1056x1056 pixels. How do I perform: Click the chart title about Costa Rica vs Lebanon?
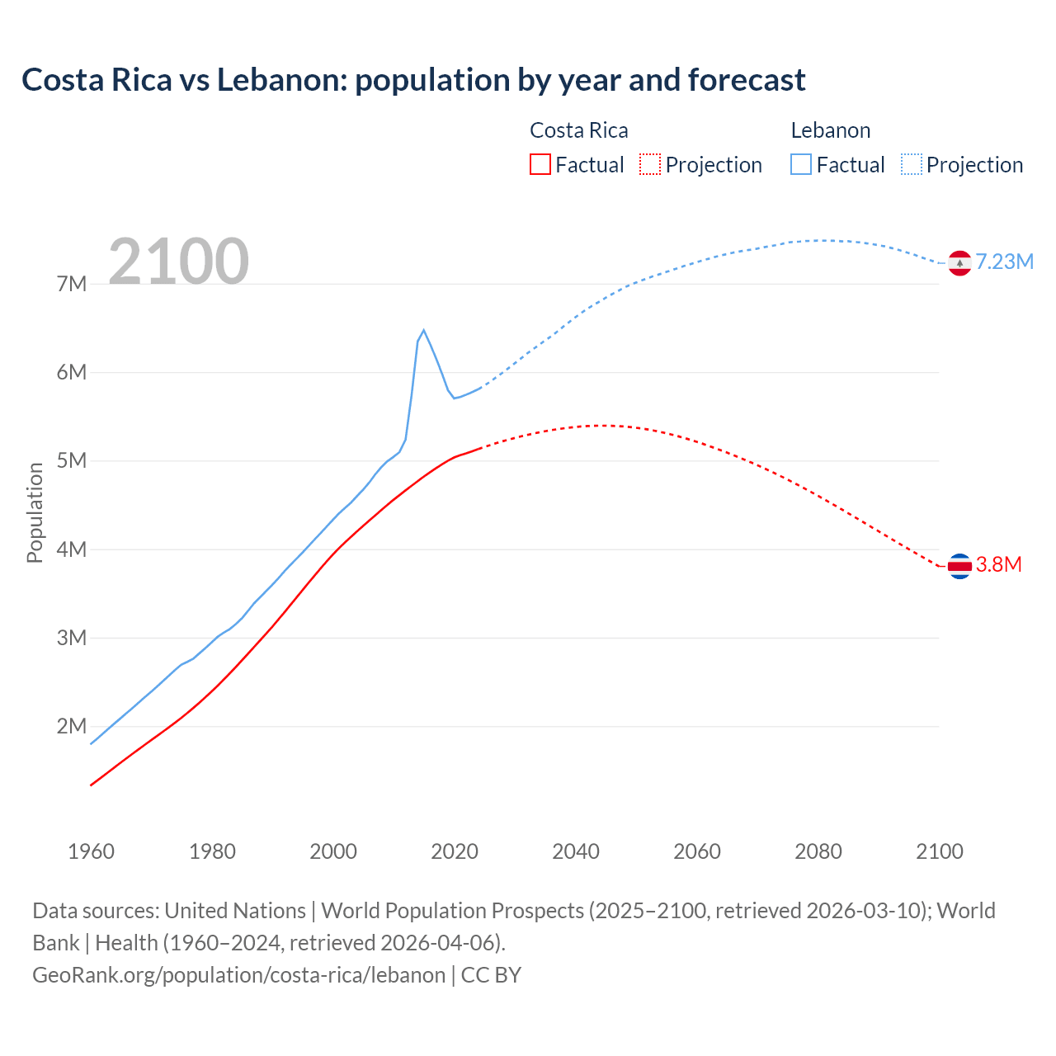point(413,80)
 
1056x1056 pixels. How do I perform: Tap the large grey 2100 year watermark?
point(178,262)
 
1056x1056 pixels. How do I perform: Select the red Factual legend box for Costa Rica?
point(540,164)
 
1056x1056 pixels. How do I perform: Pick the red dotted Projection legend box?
point(650,164)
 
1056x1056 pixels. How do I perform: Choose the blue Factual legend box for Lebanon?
point(801,164)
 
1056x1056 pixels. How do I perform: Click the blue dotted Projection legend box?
point(911,164)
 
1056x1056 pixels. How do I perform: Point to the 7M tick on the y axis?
point(72,285)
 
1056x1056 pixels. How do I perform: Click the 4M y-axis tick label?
point(72,549)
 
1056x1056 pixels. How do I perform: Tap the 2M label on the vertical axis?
point(72,727)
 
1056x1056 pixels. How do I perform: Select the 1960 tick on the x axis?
point(91,851)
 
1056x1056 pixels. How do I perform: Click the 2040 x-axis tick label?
point(576,851)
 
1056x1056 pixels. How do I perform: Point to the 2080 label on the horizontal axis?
point(818,851)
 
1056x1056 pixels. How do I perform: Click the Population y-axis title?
point(35,512)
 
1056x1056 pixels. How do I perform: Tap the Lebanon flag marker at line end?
point(959,263)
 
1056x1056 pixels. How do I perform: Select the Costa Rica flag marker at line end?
point(959,566)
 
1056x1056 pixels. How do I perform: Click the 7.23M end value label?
point(1004,262)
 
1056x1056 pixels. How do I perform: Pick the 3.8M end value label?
point(998,565)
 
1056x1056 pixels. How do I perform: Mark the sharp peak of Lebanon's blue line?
point(423,331)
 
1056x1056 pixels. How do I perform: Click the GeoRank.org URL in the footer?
point(239,975)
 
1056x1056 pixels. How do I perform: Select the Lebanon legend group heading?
point(830,130)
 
